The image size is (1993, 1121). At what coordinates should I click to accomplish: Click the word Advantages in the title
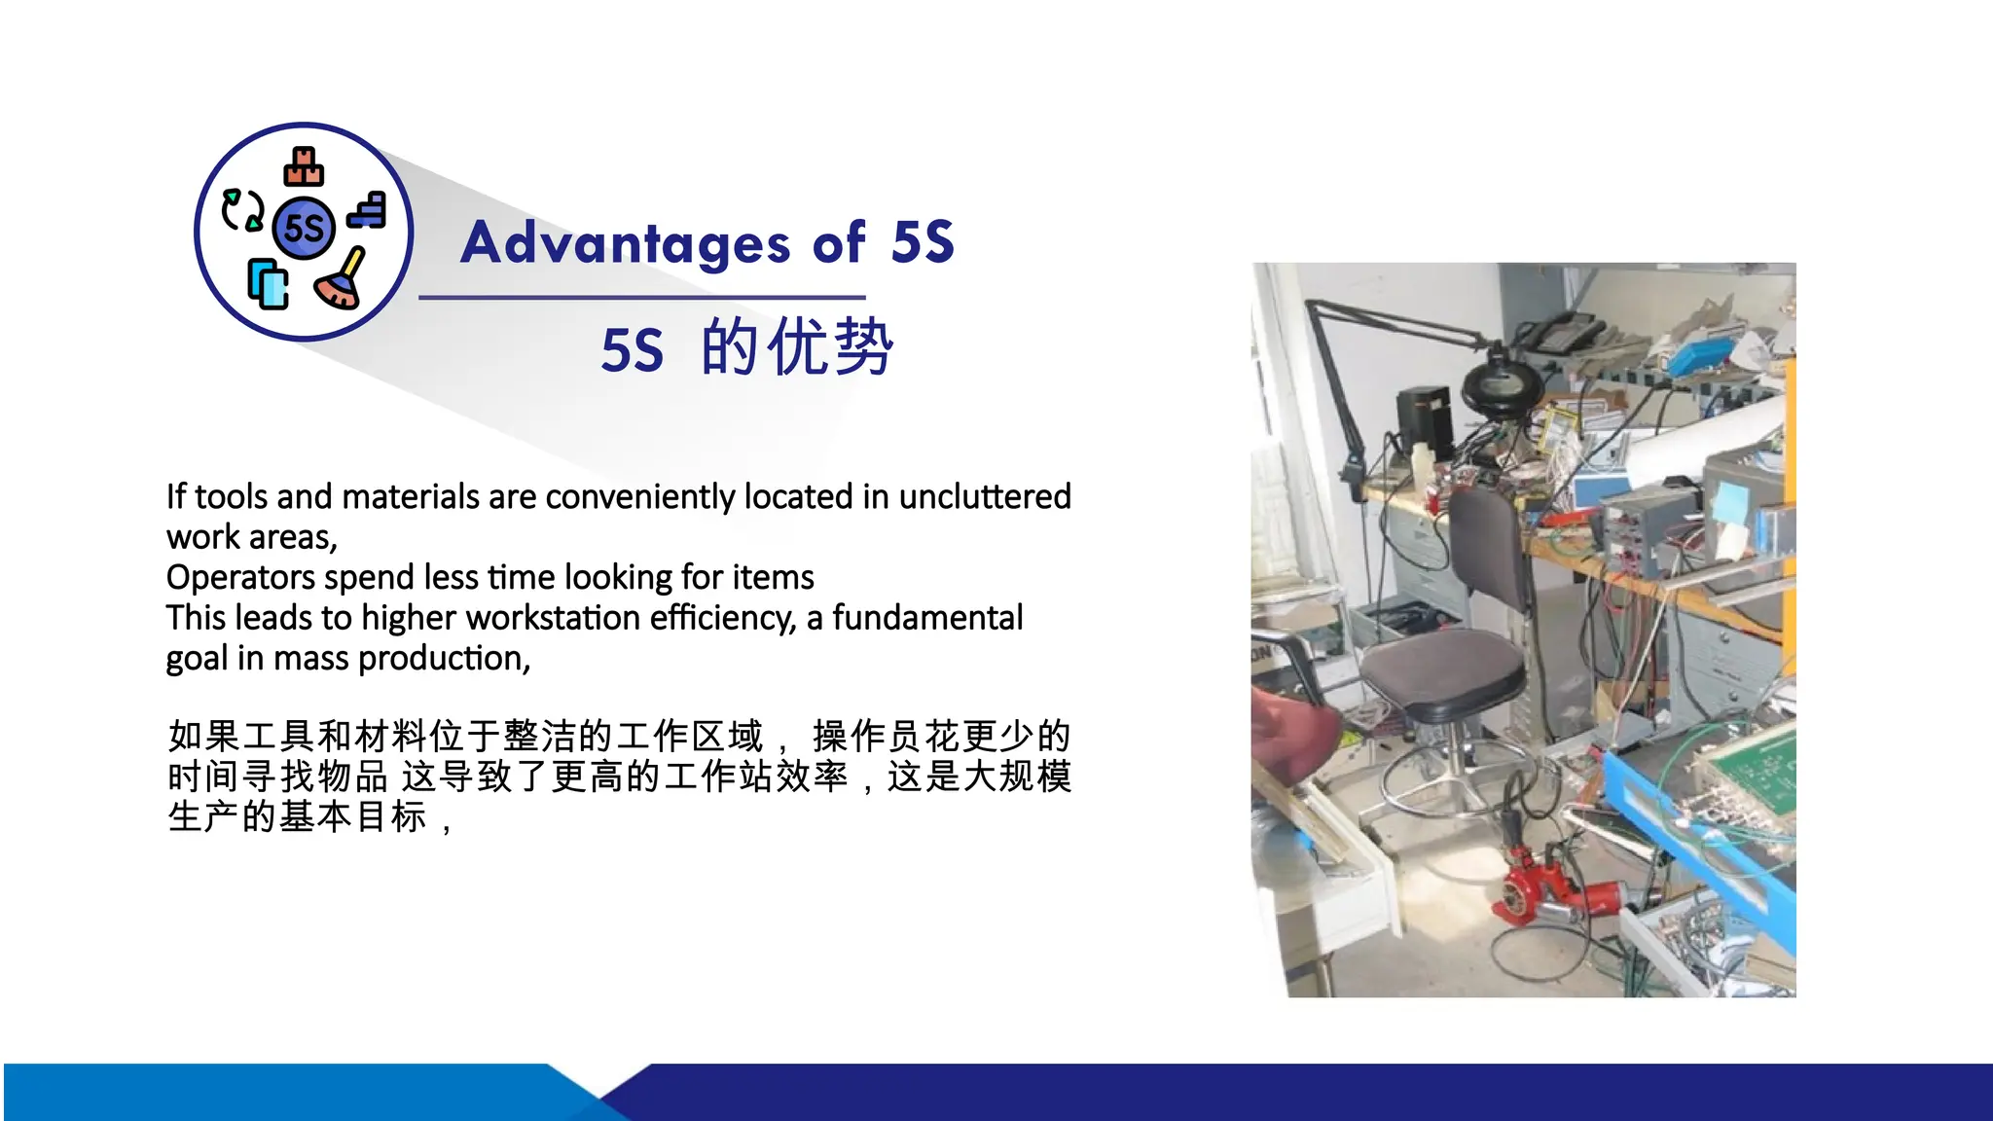point(625,243)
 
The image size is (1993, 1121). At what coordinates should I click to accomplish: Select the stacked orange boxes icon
point(304,167)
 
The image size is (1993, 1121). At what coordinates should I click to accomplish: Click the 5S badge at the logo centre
point(304,228)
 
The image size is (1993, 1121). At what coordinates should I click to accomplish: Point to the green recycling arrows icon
point(242,210)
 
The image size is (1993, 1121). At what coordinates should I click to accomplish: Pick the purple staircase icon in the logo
point(368,211)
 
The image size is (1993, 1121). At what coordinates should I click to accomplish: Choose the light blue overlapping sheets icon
point(268,284)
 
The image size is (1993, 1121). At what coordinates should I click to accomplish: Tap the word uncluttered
point(984,497)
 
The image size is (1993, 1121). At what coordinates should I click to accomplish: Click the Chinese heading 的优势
point(796,347)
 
